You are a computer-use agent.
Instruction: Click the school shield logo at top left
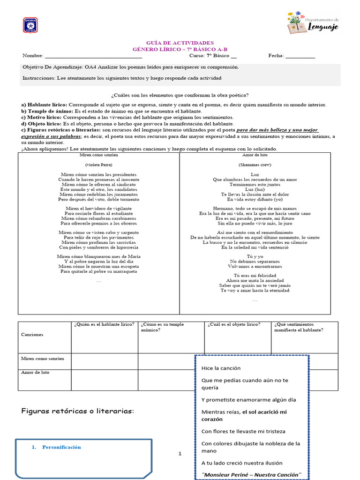click(30, 25)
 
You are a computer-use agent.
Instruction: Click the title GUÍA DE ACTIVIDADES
click(180, 43)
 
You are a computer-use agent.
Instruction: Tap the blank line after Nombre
click(93, 56)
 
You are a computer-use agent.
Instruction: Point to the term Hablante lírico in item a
click(47, 105)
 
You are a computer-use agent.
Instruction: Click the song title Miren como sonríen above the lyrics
click(98, 155)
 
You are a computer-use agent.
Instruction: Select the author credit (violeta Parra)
click(98, 165)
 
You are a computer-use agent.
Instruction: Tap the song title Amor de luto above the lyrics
click(255, 155)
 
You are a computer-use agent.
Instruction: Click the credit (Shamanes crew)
click(255, 165)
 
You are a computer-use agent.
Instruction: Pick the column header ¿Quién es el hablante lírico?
click(104, 324)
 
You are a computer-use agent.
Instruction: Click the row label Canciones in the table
click(32, 335)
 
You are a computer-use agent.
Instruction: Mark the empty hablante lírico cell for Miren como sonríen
click(104, 361)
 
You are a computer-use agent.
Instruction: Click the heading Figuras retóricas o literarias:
click(77, 411)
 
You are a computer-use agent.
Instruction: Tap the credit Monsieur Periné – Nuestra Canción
click(251, 475)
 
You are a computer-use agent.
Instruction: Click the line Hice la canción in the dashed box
click(221, 368)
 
